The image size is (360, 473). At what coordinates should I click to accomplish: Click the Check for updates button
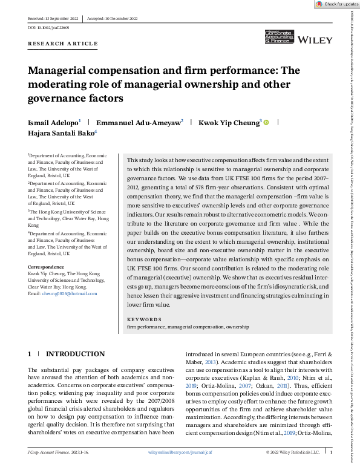click(336, 4)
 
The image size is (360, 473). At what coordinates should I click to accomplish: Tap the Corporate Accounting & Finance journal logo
click(279, 38)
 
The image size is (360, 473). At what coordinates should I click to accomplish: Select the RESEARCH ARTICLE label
click(63, 44)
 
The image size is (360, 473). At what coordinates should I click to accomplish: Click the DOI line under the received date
click(49, 28)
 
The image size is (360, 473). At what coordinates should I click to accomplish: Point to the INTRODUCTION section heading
click(76, 354)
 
